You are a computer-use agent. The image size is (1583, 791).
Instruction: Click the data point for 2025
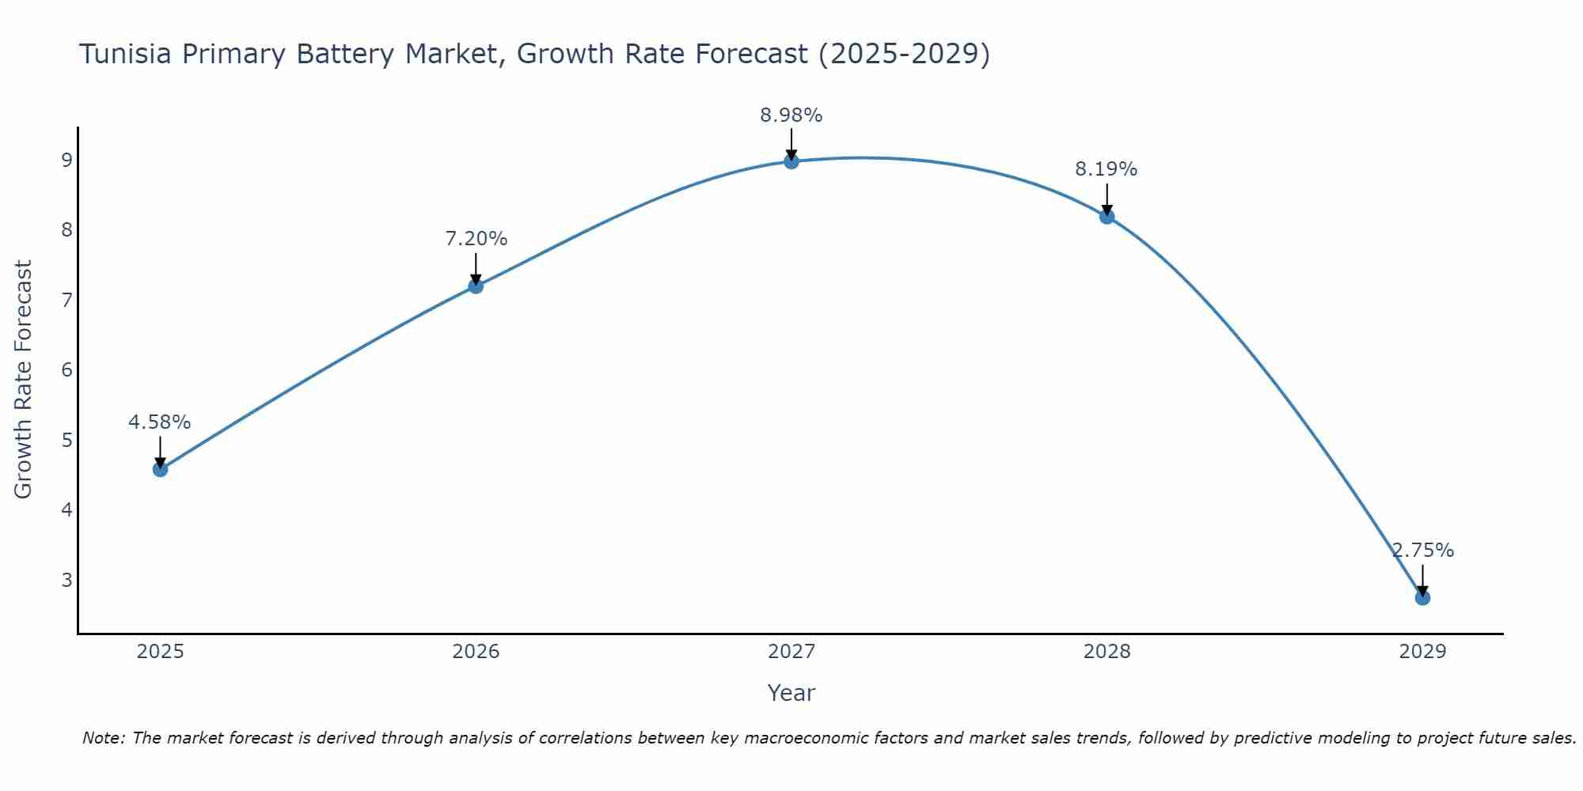[160, 469]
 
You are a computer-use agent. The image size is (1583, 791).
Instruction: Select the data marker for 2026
[476, 286]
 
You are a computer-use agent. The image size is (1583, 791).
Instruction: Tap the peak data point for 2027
[791, 161]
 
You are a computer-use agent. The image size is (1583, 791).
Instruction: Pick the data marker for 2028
[1107, 217]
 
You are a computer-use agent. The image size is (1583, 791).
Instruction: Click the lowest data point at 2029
[1422, 597]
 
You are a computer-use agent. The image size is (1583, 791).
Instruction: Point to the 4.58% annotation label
[160, 422]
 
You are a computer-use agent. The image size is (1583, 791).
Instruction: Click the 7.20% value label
[476, 239]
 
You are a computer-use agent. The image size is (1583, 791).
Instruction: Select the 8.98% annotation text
[791, 115]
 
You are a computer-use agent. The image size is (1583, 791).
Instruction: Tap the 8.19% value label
[1107, 169]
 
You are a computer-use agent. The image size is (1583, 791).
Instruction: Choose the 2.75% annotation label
[1423, 551]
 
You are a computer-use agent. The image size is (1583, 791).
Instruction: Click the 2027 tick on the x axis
[791, 652]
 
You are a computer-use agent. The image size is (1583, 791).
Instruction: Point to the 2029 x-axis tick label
[1422, 652]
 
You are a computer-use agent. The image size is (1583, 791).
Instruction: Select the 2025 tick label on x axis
[160, 652]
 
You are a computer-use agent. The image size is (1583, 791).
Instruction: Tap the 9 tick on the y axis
[66, 161]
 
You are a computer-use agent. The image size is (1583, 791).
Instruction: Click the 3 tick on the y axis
[66, 580]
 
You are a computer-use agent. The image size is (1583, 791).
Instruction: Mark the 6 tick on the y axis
[66, 370]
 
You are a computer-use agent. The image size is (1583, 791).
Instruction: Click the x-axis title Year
[791, 693]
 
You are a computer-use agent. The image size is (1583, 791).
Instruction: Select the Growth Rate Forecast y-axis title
[24, 380]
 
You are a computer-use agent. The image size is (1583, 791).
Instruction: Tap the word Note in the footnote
[102, 738]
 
